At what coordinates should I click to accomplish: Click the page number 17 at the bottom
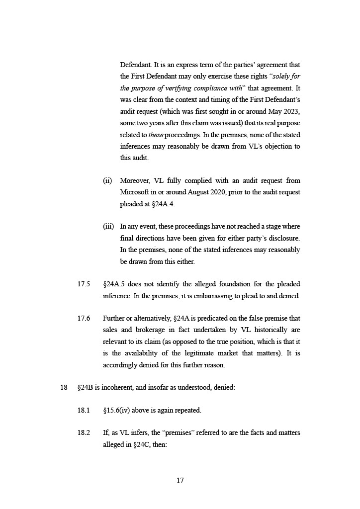point(180,480)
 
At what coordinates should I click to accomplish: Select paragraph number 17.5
point(84,284)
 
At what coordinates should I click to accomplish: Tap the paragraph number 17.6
point(84,318)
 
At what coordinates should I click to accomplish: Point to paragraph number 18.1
point(84,411)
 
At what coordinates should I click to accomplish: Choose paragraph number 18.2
point(84,433)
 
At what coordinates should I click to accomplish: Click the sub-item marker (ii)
point(107,180)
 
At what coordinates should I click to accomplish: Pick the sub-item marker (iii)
point(108,227)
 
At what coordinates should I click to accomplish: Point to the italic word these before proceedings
point(157,135)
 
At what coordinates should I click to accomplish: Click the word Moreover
point(135,180)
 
